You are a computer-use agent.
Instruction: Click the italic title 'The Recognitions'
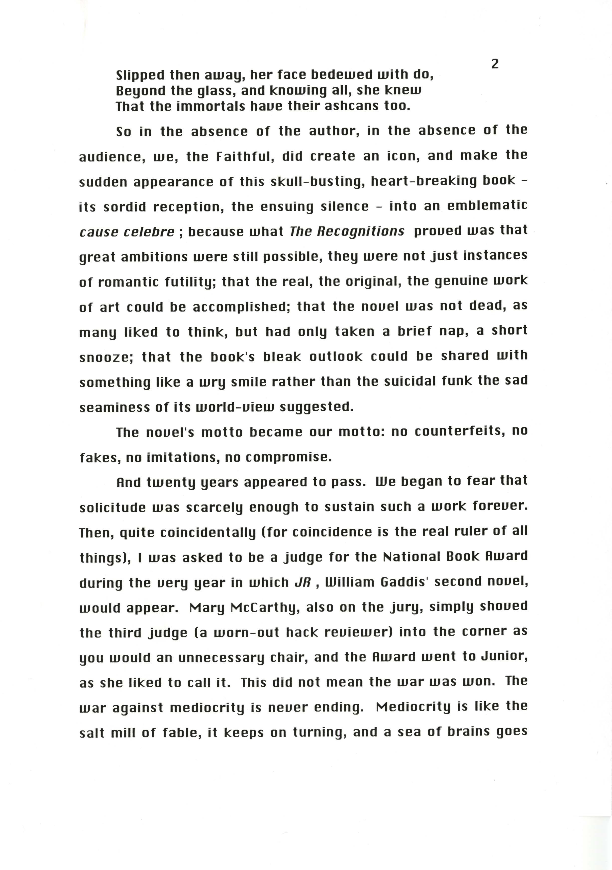click(x=347, y=231)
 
